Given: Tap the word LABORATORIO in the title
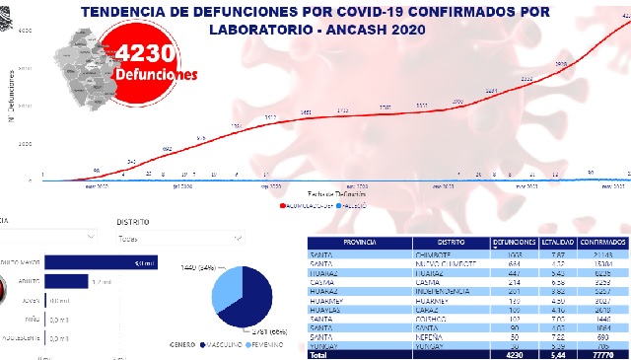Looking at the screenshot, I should point(265,30).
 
